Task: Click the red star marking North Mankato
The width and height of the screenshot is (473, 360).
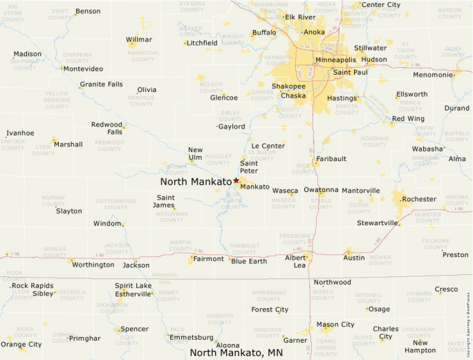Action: [x=236, y=180]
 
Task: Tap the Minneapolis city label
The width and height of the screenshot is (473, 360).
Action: [x=336, y=60]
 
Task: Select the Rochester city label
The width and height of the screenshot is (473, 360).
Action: [x=420, y=199]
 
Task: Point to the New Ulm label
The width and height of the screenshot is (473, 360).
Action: [x=196, y=154]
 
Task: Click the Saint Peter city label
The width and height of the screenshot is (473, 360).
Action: [x=249, y=167]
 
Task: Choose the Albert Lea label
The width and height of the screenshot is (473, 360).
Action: [x=295, y=260]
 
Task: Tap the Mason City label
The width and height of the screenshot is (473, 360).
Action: [x=335, y=324]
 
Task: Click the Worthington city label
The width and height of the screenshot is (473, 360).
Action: [x=93, y=265]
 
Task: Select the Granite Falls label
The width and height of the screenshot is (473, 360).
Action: [x=101, y=84]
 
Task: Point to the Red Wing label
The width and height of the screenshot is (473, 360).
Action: [x=408, y=119]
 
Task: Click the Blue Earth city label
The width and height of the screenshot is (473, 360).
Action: [x=249, y=260]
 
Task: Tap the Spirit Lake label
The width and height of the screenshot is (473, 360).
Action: [x=133, y=285]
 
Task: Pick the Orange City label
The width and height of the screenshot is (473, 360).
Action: [x=21, y=344]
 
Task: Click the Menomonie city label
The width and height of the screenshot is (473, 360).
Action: [x=433, y=75]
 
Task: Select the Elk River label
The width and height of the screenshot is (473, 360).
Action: [x=300, y=17]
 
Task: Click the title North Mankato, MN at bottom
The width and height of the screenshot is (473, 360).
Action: [x=236, y=352]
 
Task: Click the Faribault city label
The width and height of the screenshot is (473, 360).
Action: [x=331, y=159]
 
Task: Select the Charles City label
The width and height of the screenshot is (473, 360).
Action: [x=386, y=332]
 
